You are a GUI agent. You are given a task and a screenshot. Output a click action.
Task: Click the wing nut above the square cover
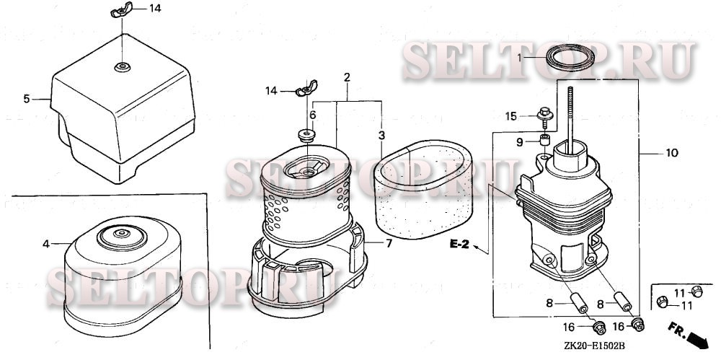point(121,9)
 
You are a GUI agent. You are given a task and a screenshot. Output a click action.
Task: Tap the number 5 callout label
point(27,99)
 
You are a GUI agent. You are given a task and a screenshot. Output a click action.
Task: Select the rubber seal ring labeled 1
point(570,57)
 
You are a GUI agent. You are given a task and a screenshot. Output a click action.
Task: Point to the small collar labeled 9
point(545,139)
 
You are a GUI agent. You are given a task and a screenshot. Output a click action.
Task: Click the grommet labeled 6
point(306,136)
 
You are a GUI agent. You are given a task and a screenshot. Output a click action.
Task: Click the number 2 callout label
point(347,77)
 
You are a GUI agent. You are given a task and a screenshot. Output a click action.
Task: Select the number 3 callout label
point(381,136)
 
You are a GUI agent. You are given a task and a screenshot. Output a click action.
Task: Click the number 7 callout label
point(389,243)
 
